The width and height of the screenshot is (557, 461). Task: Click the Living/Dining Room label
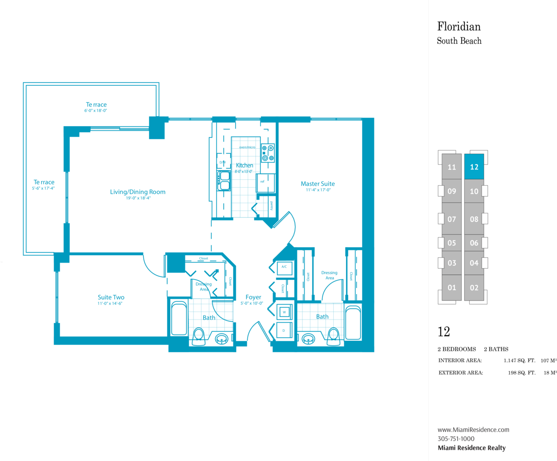coord(137,192)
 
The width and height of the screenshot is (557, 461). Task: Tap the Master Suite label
coord(318,183)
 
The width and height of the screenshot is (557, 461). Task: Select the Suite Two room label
coord(111,297)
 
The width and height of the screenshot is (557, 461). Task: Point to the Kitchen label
coord(244,165)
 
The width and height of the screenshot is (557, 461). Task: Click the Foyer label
coord(253,297)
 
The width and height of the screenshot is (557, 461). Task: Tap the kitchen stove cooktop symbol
coord(268,153)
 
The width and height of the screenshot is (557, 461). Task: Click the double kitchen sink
coord(224,181)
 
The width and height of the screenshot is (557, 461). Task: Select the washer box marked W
coord(284,312)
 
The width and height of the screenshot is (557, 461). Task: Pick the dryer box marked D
coord(284,330)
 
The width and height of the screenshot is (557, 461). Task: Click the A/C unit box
coord(285,268)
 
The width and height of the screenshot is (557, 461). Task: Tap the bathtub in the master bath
coord(353,323)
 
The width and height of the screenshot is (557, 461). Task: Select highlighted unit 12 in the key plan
coord(474,167)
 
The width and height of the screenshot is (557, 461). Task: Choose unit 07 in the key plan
coord(452,219)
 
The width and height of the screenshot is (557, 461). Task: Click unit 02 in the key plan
coord(474,288)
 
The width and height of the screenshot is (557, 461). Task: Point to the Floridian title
coord(459,26)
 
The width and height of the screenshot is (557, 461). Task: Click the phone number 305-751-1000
coord(456,438)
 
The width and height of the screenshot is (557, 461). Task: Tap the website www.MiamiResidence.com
coord(473,429)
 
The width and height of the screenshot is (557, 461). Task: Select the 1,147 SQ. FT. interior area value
coord(519,361)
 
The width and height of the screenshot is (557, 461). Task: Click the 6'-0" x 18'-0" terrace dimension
coord(95,110)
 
